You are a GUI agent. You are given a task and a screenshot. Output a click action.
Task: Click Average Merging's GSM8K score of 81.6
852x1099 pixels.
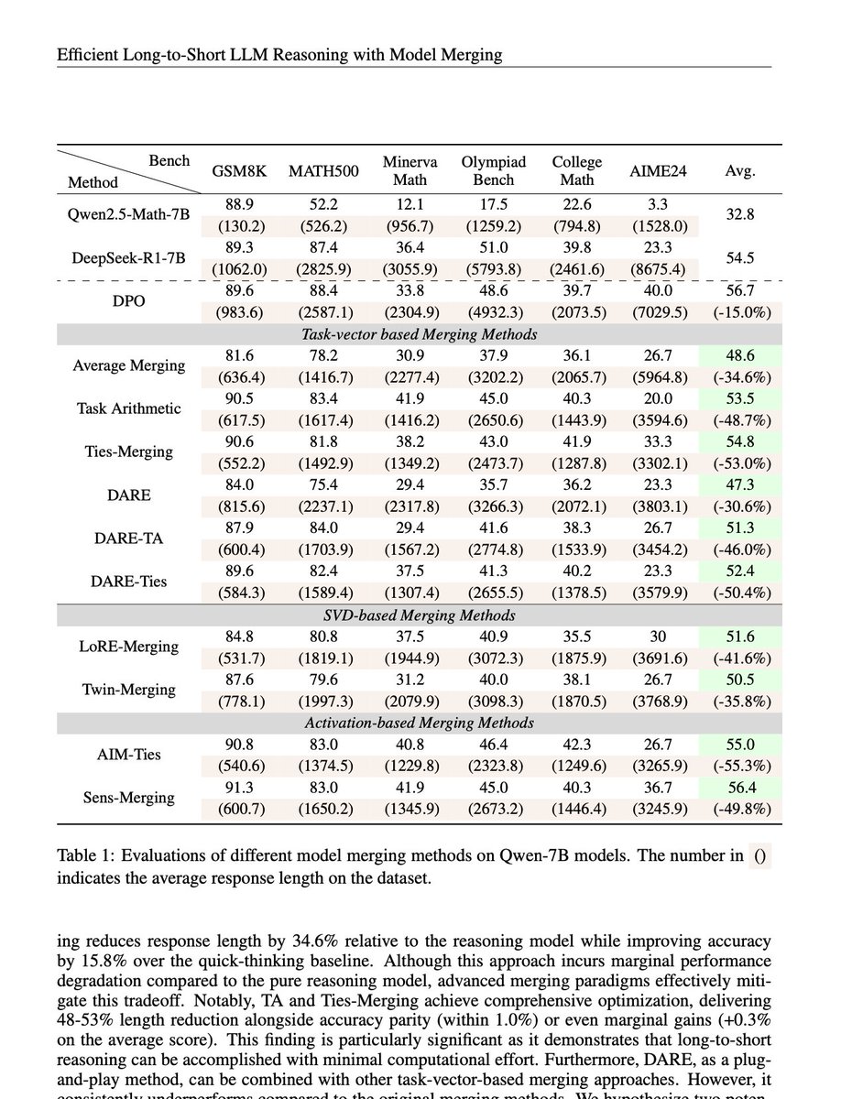pyautogui.click(x=239, y=355)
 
